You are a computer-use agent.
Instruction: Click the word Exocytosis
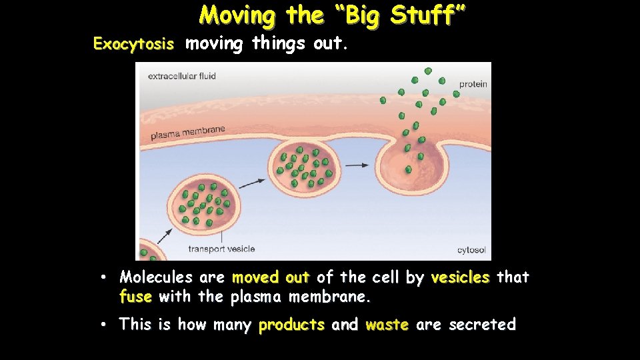[x=133, y=45]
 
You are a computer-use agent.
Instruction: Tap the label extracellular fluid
[x=182, y=76]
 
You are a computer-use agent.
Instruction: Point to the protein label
[x=473, y=84]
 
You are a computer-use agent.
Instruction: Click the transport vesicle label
[x=221, y=249]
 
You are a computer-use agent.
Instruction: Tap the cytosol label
[x=471, y=250]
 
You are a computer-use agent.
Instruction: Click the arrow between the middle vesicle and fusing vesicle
[x=357, y=165]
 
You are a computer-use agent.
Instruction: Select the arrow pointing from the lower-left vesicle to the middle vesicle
[x=251, y=182]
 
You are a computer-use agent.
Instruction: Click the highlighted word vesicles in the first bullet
[x=460, y=277]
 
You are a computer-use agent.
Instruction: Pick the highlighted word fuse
[x=135, y=296]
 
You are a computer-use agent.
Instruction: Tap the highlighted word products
[x=291, y=325]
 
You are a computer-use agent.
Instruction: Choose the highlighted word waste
[x=387, y=325]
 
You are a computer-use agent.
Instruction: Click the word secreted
[x=482, y=325]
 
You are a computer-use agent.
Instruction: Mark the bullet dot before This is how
[x=105, y=325]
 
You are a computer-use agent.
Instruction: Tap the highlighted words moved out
[x=271, y=277]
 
